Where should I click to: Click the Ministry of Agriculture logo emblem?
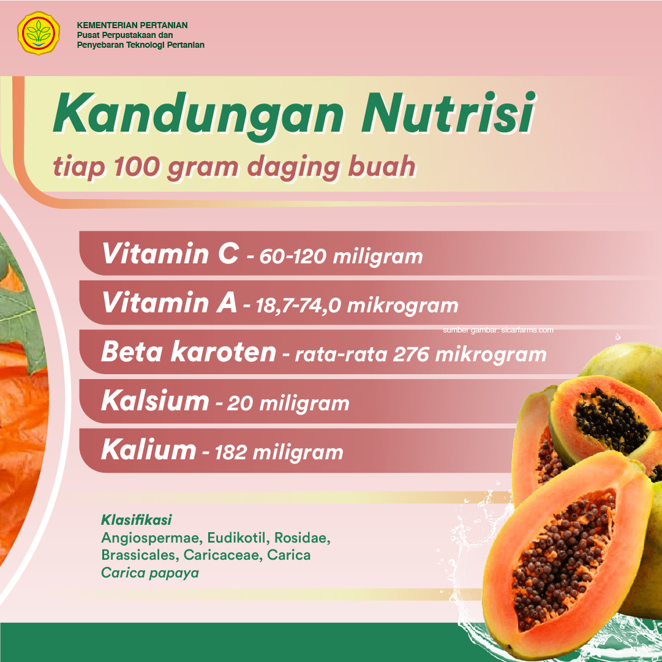[x=39, y=33]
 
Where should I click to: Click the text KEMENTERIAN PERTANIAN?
[x=132, y=25]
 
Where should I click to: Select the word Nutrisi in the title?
[x=448, y=113]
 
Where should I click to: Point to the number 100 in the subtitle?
[x=137, y=167]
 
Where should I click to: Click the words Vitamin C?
[x=171, y=254]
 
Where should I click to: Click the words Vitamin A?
[x=169, y=303]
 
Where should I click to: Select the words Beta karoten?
[x=189, y=352]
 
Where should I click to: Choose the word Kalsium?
[x=156, y=401]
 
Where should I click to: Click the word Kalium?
[x=149, y=449]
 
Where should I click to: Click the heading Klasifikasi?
[x=137, y=520]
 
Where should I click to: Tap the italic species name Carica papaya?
[x=150, y=573]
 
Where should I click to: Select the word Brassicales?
[x=138, y=555]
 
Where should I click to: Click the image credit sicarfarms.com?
[x=527, y=329]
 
